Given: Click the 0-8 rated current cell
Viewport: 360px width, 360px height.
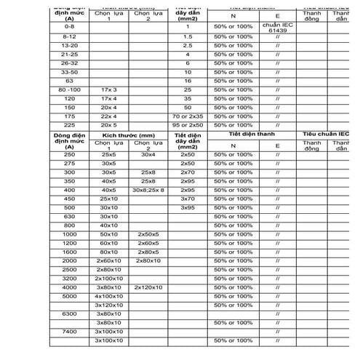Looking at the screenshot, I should (x=70, y=26).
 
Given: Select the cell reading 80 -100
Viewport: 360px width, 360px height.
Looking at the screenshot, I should (x=70, y=89).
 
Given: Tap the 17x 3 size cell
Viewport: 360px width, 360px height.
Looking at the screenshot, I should (x=109, y=89).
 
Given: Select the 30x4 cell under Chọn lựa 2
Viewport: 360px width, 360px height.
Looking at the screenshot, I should (x=148, y=155).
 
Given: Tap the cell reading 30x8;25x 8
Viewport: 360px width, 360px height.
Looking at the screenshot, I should (x=148, y=190).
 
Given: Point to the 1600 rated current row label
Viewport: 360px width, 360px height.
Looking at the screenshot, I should (x=70, y=252).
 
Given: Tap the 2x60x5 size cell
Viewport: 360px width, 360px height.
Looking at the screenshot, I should (x=148, y=243).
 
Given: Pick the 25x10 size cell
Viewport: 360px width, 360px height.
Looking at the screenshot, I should (x=109, y=199).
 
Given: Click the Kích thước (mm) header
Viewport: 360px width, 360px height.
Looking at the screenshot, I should (x=129, y=135).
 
